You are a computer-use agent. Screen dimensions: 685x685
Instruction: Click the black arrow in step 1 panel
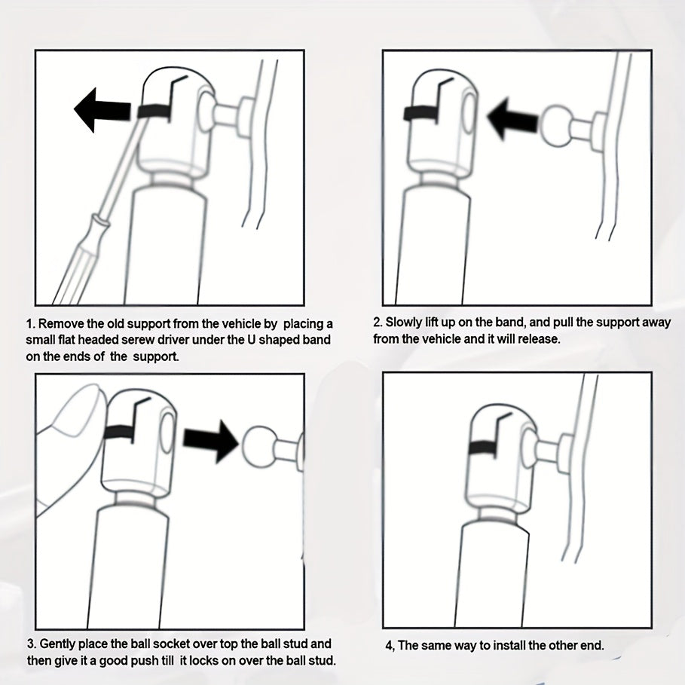coord(102,111)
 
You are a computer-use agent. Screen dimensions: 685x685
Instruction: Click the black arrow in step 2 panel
coord(512,118)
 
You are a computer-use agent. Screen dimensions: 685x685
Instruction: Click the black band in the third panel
coord(119,432)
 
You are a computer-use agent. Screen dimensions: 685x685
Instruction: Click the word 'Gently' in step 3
coord(58,644)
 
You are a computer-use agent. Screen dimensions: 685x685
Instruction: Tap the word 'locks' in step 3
coord(203,660)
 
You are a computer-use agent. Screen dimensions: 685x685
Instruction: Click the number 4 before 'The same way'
coord(389,646)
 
